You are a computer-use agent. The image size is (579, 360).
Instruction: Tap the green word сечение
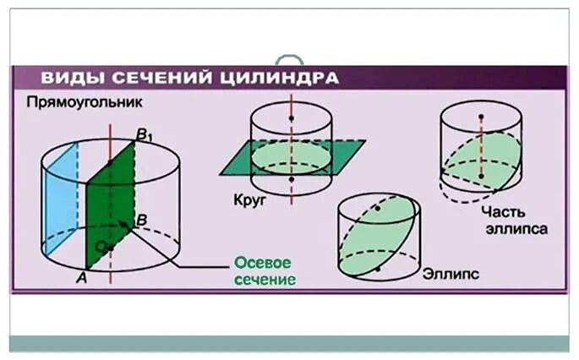point(265,279)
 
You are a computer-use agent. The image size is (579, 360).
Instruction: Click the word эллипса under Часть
point(509,228)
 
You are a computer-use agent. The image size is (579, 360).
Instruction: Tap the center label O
point(100,245)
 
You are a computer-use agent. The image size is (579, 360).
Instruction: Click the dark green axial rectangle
point(110,203)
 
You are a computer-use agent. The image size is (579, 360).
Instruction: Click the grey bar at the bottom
point(289,342)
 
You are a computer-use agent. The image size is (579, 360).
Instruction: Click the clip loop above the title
point(289,60)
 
